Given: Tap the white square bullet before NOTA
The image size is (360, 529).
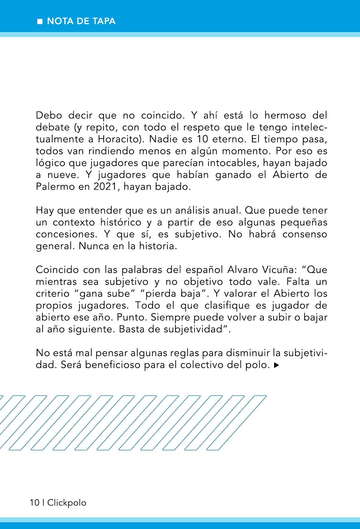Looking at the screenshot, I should [39, 22].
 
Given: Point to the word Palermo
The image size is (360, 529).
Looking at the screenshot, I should [53, 187].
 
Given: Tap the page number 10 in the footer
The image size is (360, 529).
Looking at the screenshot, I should [35, 502].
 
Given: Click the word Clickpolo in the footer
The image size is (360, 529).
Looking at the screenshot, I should [67, 502].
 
